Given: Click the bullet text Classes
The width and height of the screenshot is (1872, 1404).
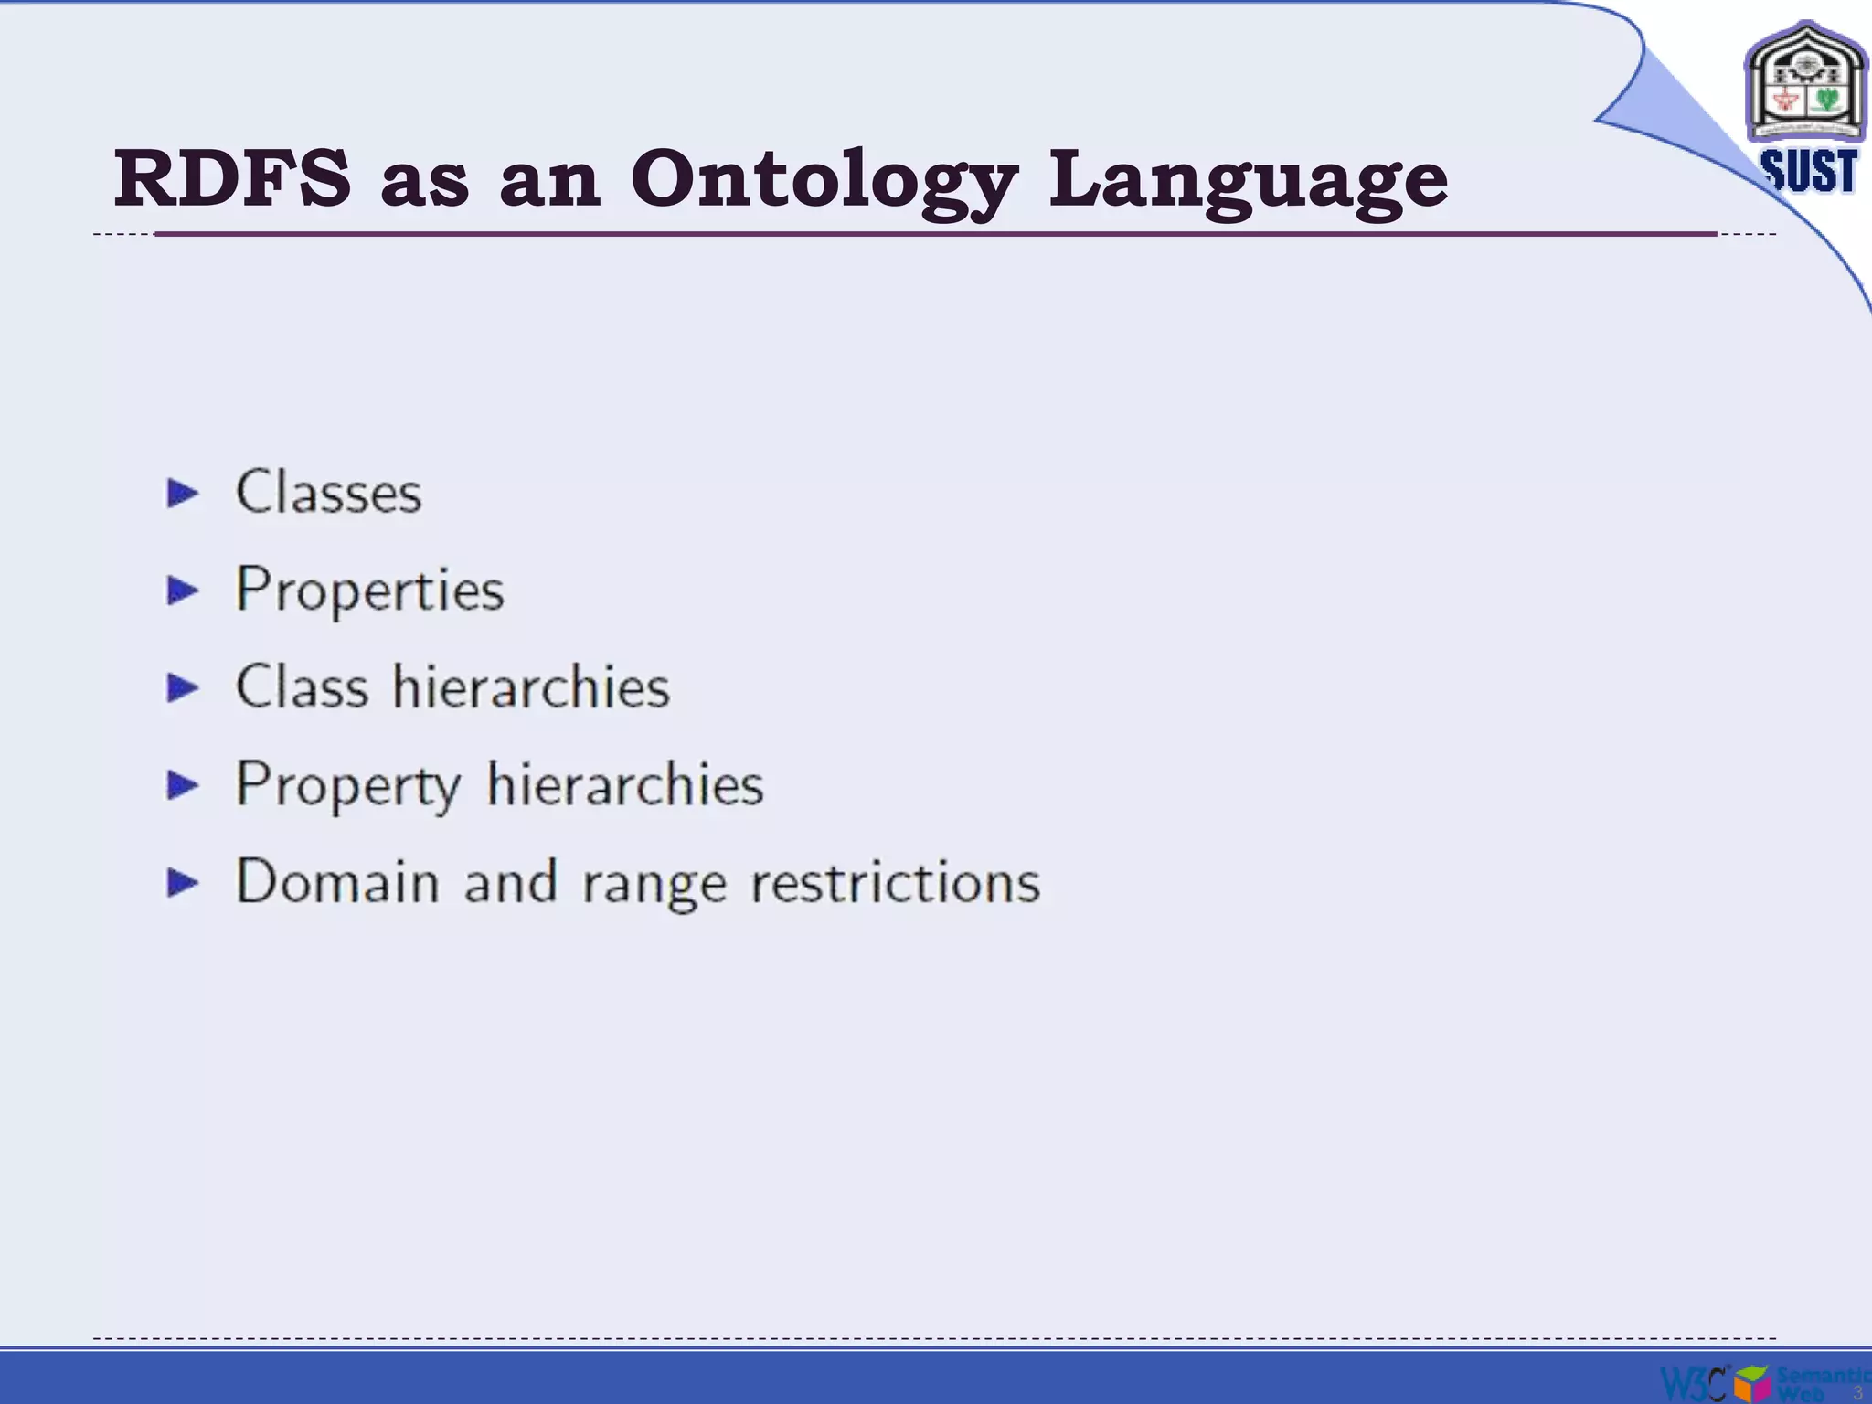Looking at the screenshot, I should click(x=328, y=492).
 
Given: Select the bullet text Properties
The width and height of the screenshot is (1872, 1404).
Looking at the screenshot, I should click(x=369, y=590).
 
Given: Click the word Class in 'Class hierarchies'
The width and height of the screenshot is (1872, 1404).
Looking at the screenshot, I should click(x=302, y=686).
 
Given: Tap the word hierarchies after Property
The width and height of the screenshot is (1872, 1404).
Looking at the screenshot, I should click(x=625, y=784).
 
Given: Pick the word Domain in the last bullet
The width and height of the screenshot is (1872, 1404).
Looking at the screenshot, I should click(x=337, y=882).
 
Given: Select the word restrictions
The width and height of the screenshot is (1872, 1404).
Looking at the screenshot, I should click(x=895, y=882).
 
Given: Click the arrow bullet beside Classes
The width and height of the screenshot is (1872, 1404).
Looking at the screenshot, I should click(x=183, y=494).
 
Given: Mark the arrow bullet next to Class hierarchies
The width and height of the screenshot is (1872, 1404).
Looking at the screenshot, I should click(x=183, y=688).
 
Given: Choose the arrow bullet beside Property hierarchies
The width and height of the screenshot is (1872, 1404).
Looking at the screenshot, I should click(x=183, y=785).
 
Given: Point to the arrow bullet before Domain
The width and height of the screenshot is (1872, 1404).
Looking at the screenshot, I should click(x=183, y=883).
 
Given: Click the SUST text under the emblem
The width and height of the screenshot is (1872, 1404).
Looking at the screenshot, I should click(x=1809, y=171).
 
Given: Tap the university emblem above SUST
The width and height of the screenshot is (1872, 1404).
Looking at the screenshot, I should click(x=1804, y=84).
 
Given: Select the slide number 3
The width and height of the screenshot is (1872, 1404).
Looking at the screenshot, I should click(x=1857, y=1392).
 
